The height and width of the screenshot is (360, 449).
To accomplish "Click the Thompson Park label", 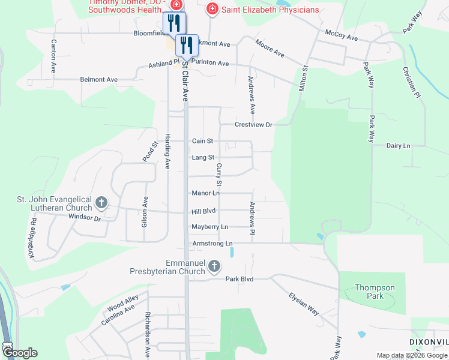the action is pyautogui.click(x=375, y=292).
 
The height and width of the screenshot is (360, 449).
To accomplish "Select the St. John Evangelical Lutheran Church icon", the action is pyautogui.click(x=101, y=203).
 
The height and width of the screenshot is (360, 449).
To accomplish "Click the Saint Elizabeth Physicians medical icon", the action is pyautogui.click(x=211, y=9).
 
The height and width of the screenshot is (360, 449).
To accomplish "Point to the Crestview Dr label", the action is pyautogui.click(x=253, y=125).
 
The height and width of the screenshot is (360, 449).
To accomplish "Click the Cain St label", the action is pyautogui.click(x=202, y=141).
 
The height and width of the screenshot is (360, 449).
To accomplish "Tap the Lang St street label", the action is pyautogui.click(x=203, y=157).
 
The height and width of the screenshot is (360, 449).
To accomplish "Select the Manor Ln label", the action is pyautogui.click(x=205, y=193).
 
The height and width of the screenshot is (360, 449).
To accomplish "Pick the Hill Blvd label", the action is pyautogui.click(x=203, y=211).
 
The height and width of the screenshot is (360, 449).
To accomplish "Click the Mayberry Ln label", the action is pyautogui.click(x=209, y=227).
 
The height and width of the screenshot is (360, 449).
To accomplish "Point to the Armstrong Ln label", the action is pyautogui.click(x=212, y=243).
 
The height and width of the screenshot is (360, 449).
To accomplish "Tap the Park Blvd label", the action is pyautogui.click(x=240, y=279).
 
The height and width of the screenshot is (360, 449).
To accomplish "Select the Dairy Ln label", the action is pyautogui.click(x=398, y=146).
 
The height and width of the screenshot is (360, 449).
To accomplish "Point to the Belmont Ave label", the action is pyautogui.click(x=99, y=79).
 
